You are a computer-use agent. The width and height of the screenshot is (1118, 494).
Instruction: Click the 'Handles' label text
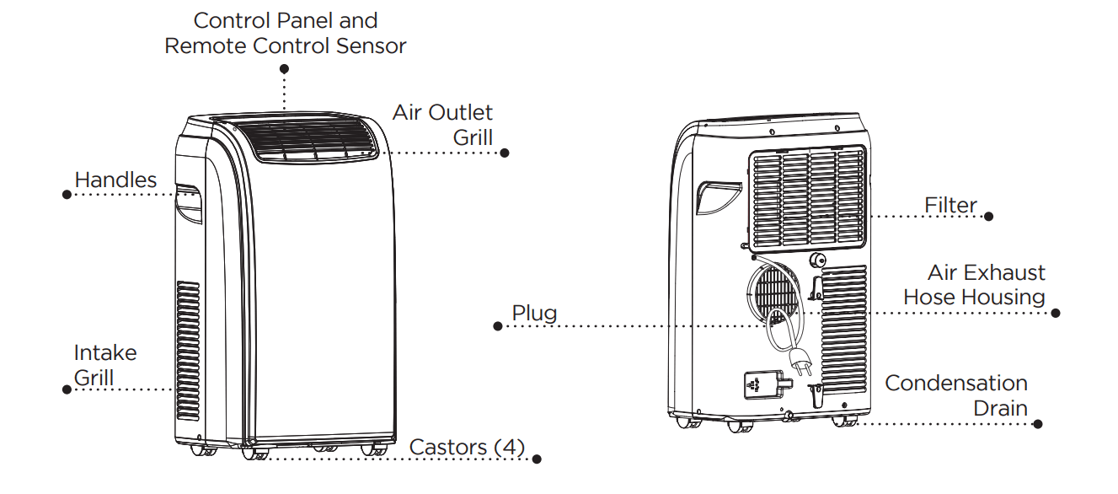[x=115, y=180]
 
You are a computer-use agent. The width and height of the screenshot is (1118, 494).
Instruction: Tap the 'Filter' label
[x=950, y=205]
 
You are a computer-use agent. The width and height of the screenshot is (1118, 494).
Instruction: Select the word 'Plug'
[x=534, y=314]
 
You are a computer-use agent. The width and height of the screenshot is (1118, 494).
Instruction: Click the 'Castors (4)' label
[x=466, y=447]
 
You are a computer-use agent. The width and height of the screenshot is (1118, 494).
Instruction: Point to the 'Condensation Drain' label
[x=956, y=395]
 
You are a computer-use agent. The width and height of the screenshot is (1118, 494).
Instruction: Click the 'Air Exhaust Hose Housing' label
[x=974, y=285]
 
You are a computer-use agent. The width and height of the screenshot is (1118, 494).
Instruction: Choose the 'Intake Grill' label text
[x=104, y=364]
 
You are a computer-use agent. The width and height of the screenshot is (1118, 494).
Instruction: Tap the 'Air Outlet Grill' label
[x=442, y=125]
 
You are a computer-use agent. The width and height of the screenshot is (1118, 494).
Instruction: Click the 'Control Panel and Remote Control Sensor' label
[x=285, y=33]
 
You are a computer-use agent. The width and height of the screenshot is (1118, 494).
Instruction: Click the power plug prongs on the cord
[x=796, y=365]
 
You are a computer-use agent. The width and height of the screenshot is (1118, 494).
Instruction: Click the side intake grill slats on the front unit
[x=188, y=337]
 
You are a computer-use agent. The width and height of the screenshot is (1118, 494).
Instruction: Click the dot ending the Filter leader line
[x=988, y=217]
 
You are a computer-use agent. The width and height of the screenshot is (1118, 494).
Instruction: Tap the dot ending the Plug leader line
[x=498, y=326]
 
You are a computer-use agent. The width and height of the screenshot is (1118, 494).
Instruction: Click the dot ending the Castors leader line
[x=537, y=459]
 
